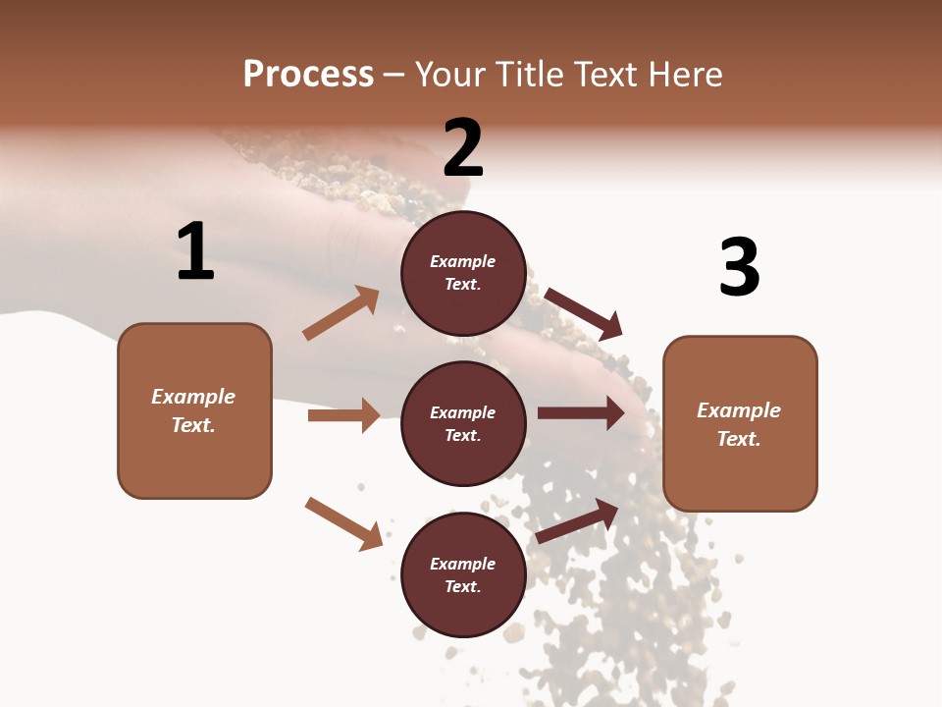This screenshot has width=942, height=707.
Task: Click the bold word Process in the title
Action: [x=308, y=75]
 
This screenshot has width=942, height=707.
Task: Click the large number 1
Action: [x=195, y=251]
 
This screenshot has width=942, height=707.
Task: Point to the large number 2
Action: [x=463, y=148]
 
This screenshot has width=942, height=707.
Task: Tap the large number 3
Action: [x=739, y=267]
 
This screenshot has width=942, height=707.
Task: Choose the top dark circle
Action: [x=463, y=273]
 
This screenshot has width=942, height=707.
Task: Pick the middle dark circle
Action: [x=463, y=423]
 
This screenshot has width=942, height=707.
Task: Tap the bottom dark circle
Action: [x=463, y=574]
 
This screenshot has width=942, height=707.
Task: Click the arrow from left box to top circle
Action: [x=341, y=313]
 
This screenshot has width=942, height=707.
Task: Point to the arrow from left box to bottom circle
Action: [x=343, y=522]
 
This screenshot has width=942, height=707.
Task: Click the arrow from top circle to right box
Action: [x=584, y=313]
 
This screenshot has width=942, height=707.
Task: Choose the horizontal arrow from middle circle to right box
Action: [x=580, y=413]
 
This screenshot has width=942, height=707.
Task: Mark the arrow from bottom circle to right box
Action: [x=578, y=520]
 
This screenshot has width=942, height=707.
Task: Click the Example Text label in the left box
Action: [x=193, y=410]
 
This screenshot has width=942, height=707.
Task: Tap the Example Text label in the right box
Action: [x=739, y=424]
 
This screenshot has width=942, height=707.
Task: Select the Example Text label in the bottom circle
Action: [x=463, y=574]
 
